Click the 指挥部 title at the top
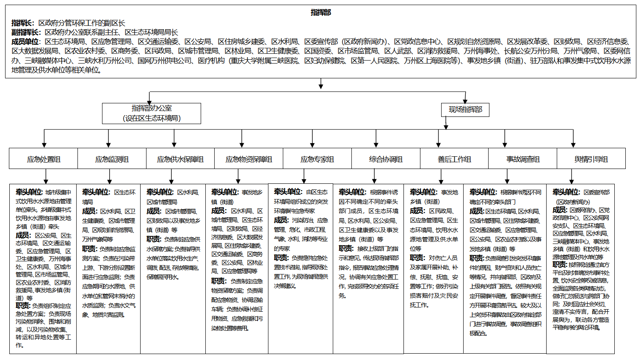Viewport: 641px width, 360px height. tap(320, 12)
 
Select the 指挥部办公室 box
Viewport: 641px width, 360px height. tap(152, 113)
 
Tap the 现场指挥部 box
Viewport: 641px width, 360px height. tap(465, 110)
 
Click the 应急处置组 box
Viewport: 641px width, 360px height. tap(44, 159)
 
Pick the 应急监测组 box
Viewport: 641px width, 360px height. tap(112, 159)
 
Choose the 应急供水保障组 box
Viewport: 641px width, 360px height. tap(180, 159)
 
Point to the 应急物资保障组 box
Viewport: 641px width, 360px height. tap(249, 159)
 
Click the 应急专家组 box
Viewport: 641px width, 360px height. tap(317, 159)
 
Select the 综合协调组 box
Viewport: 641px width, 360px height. tap(386, 159)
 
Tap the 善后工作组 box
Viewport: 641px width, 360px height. tap(454, 159)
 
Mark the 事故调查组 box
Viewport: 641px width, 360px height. tap(523, 159)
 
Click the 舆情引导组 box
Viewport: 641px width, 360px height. tap(591, 159)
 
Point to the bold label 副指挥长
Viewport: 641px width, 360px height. tap(26, 32)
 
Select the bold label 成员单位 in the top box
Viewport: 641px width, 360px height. tap(25, 42)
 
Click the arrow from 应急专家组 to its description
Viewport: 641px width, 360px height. tap(304, 176)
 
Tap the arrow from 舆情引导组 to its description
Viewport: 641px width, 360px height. tap(571, 176)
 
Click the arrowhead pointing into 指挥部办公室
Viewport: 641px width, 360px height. tap(149, 100)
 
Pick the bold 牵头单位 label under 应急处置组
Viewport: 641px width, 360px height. tap(29, 192)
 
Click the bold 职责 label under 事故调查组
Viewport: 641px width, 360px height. tap(476, 258)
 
